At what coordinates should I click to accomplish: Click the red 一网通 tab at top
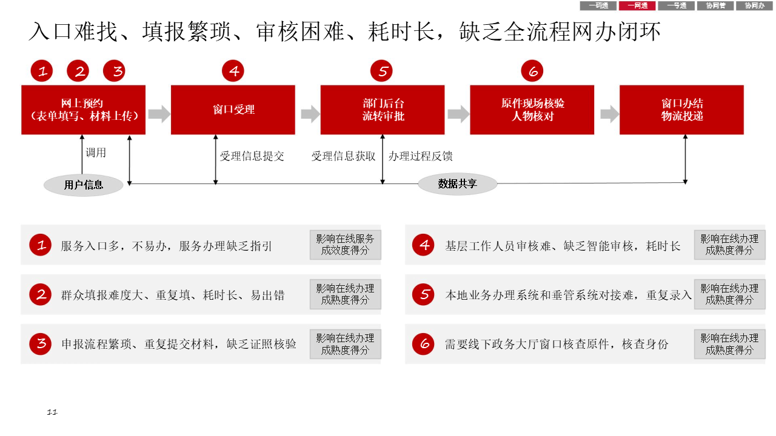pyautogui.click(x=637, y=5)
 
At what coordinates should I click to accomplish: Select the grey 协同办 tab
pyautogui.click(x=754, y=5)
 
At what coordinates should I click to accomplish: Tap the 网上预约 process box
pyautogui.click(x=84, y=110)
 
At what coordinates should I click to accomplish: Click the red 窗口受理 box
pyautogui.click(x=233, y=110)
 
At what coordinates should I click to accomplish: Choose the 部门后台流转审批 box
pyautogui.click(x=383, y=110)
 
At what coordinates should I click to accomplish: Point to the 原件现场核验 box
pyautogui.click(x=532, y=110)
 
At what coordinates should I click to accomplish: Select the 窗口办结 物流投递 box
pyautogui.click(x=681, y=110)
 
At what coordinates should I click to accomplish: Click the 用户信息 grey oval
pyautogui.click(x=84, y=185)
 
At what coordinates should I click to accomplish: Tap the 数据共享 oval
pyautogui.click(x=457, y=183)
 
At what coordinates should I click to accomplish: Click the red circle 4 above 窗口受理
pyautogui.click(x=233, y=71)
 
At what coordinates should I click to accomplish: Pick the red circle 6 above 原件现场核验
pyautogui.click(x=532, y=71)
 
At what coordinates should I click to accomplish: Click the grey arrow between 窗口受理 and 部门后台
pyautogui.click(x=310, y=114)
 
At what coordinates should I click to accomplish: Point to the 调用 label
pyautogui.click(x=96, y=153)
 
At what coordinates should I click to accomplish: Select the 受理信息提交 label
pyautogui.click(x=252, y=156)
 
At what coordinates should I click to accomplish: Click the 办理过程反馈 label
pyautogui.click(x=421, y=156)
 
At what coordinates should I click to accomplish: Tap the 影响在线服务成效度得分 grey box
pyautogui.click(x=345, y=245)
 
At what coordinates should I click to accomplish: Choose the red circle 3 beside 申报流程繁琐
pyautogui.click(x=41, y=345)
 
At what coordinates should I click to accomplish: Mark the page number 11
pyautogui.click(x=52, y=412)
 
